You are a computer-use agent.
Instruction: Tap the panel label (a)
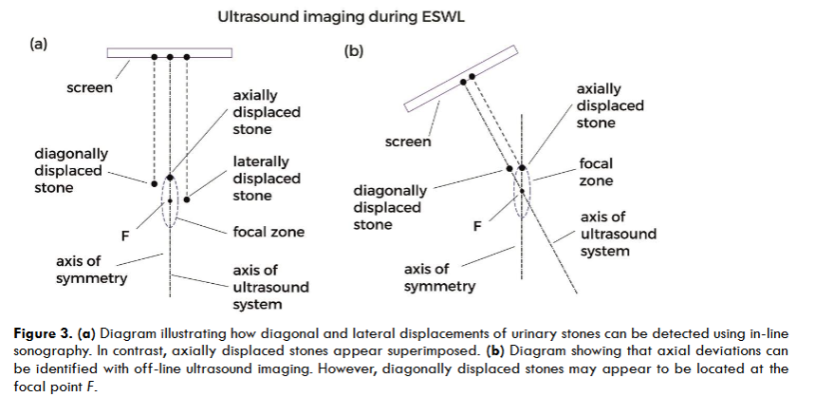click(39, 43)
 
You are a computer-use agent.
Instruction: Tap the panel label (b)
click(353, 50)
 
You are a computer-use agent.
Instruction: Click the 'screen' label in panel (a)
click(90, 88)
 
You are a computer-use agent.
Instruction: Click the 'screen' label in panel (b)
click(408, 142)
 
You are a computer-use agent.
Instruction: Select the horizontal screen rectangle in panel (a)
click(171, 53)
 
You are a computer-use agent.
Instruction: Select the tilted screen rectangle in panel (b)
click(460, 77)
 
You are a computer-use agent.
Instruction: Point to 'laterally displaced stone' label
click(266, 180)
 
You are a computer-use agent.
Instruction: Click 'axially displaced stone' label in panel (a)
click(267, 113)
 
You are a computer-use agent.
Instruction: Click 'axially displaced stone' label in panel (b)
click(609, 105)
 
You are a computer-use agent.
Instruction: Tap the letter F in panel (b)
click(477, 226)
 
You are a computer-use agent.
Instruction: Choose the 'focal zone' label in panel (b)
click(597, 171)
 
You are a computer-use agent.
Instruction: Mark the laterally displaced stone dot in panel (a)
click(188, 199)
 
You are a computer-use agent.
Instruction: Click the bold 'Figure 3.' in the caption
click(44, 334)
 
